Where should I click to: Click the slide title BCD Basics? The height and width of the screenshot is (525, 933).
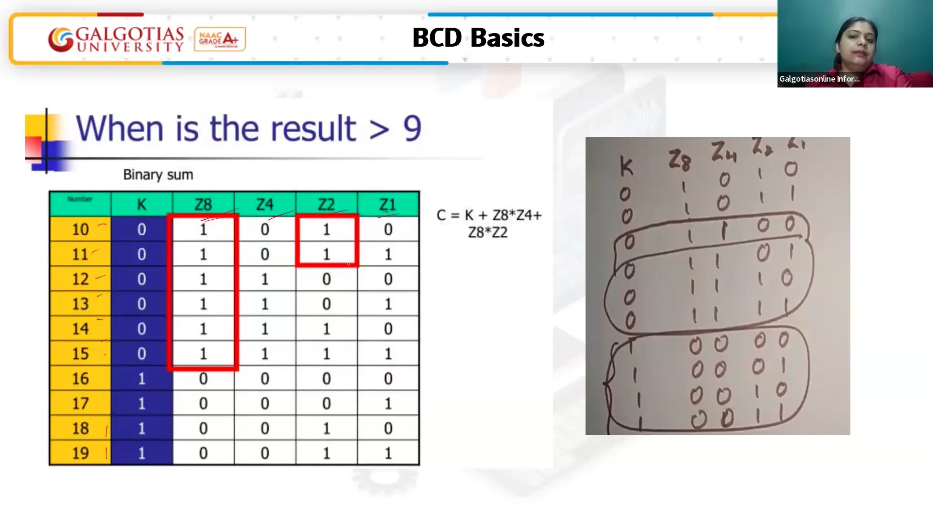point(478,37)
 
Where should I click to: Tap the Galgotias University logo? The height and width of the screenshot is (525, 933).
point(116,39)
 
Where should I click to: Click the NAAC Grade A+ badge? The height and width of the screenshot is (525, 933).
point(220,39)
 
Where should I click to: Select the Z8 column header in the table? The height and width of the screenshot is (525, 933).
point(203,205)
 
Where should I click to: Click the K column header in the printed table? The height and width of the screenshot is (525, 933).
point(141,205)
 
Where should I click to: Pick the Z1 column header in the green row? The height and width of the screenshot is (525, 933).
point(388,205)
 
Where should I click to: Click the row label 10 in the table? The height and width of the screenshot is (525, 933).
point(80,229)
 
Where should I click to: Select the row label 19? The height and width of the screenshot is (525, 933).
point(80,453)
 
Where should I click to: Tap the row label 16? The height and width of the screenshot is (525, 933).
point(80,379)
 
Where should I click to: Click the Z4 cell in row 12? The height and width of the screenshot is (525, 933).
point(265,279)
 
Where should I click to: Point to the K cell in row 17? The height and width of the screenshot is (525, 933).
point(141,403)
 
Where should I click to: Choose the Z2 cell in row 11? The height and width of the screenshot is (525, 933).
point(327,254)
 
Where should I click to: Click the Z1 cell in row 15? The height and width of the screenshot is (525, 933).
point(388,353)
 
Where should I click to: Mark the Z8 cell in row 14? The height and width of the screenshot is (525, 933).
point(203,329)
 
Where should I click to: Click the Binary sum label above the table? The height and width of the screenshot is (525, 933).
point(158,175)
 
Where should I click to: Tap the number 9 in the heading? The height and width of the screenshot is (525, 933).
point(412,129)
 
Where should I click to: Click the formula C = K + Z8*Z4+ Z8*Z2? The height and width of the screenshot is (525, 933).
point(488,223)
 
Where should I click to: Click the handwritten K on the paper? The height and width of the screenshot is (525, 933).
point(626,167)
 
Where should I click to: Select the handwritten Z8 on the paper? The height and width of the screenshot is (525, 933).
point(679,160)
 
